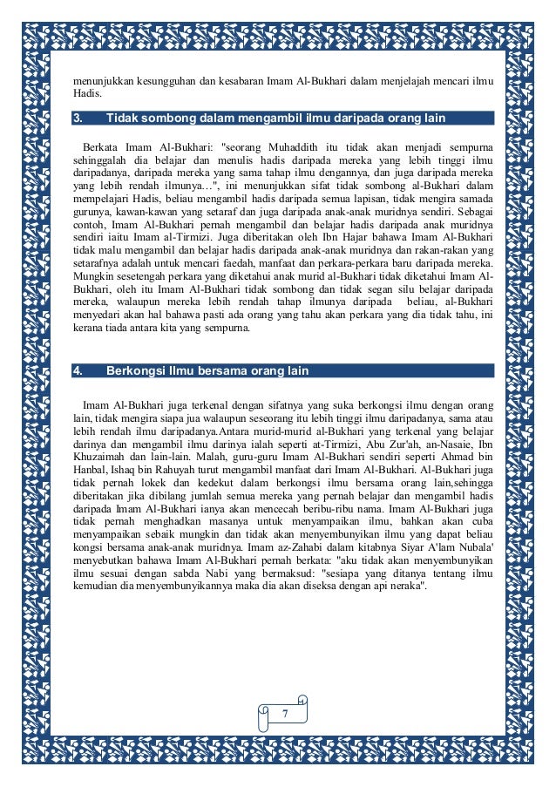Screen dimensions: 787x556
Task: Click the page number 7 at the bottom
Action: click(x=283, y=715)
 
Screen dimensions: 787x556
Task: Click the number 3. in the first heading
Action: click(x=78, y=118)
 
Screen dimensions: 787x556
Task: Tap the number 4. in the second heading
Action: click(x=78, y=371)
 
